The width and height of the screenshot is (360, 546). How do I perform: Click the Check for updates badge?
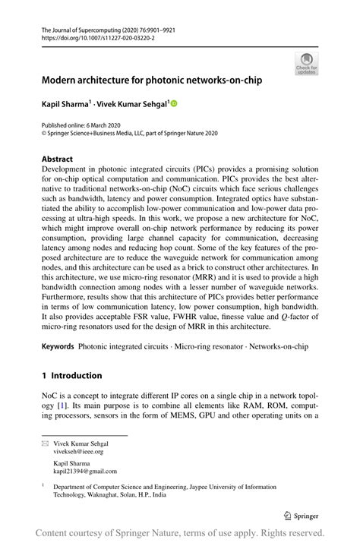point(306,63)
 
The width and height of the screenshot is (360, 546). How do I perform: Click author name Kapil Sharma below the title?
point(66,103)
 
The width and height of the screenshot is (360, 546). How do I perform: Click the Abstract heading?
point(58,160)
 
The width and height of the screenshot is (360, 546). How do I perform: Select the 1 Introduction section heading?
point(72,375)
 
